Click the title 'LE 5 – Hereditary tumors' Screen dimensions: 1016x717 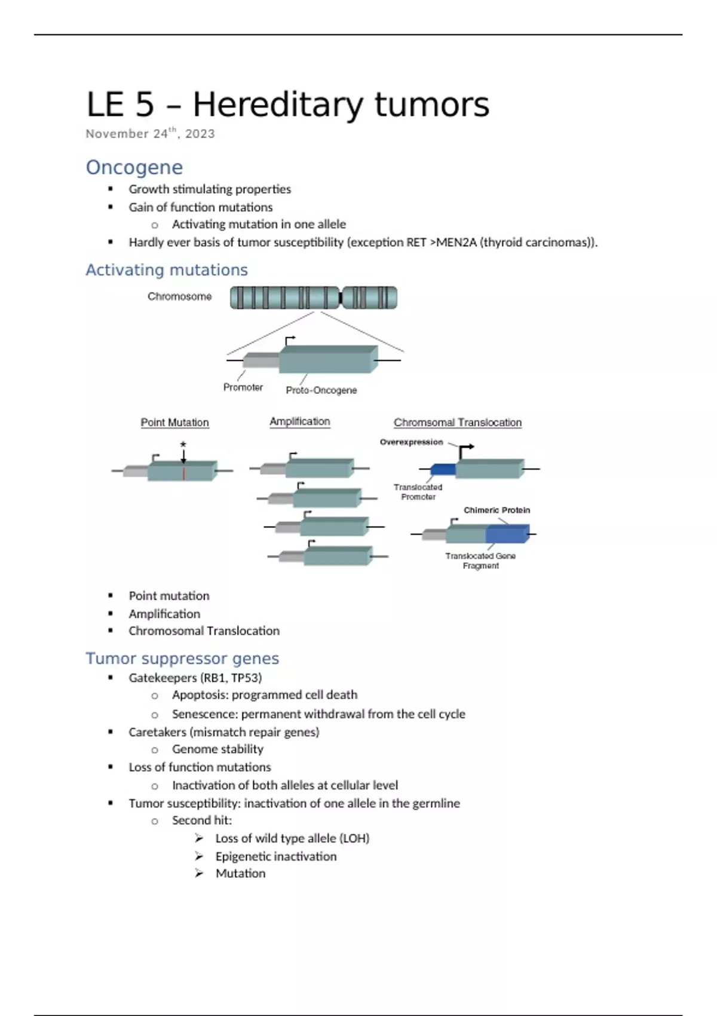[287, 105]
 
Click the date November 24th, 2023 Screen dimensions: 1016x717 [150, 134]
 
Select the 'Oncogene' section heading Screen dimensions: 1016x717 [134, 167]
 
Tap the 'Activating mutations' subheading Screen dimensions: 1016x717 [166, 270]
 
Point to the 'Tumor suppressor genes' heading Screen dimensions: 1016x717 [182, 659]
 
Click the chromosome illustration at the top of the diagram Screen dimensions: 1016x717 [313, 298]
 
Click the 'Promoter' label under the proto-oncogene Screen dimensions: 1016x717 [243, 387]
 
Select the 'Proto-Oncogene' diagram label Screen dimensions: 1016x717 [321, 390]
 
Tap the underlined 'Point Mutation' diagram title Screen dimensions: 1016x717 [174, 423]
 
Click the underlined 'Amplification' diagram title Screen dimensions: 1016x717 [299, 421]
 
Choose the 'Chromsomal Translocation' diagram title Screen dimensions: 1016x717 [457, 423]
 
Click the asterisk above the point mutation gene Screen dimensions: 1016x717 [183, 445]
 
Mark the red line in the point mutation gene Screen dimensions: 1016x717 [184, 473]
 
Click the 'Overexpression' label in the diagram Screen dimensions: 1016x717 [411, 442]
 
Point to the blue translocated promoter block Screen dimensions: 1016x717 [443, 470]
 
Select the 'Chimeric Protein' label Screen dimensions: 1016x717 [497, 510]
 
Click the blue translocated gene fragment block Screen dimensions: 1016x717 [507, 534]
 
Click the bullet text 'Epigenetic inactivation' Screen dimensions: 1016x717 [275, 856]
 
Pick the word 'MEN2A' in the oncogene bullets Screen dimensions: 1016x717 [456, 242]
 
